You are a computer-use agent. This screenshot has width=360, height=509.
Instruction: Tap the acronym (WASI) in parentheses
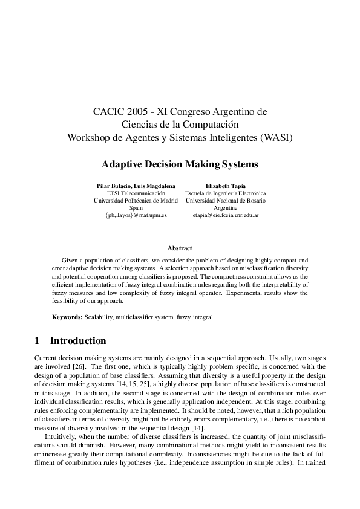276,137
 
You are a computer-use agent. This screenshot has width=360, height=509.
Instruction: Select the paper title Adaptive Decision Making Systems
180,164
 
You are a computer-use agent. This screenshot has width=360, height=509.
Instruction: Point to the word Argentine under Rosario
225,207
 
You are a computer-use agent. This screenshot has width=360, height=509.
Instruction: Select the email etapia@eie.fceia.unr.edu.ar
225,215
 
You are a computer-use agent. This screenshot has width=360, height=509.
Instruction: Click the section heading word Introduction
78,341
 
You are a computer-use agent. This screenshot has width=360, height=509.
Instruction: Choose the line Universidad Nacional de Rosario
225,200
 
